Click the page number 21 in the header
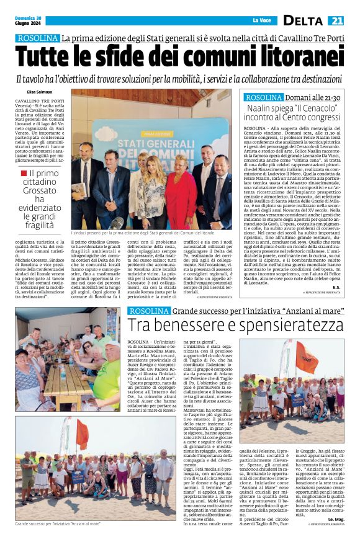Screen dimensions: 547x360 [338, 20]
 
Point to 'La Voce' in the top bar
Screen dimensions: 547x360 [261, 20]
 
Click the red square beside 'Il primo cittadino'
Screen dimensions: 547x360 [24, 174]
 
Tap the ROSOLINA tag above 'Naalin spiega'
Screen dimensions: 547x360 [263, 97]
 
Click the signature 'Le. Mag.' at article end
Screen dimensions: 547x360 [335, 535]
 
